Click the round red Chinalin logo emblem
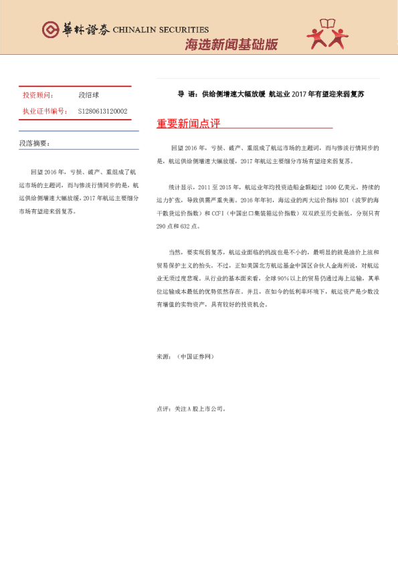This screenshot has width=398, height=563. pyautogui.click(x=49, y=29)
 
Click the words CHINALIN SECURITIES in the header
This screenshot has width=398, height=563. pyautogui.click(x=161, y=30)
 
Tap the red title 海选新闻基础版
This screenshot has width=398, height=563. pyautogui.click(x=231, y=45)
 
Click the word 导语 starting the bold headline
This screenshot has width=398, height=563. pyautogui.click(x=185, y=94)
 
